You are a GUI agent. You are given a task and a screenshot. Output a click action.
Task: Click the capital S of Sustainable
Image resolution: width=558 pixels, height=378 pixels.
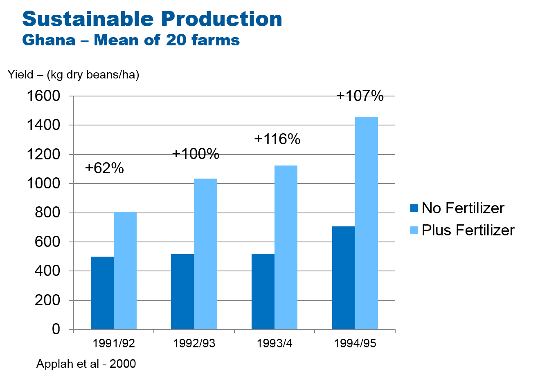click(x=29, y=19)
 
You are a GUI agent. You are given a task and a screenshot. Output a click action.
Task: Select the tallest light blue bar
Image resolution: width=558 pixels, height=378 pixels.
click(x=367, y=223)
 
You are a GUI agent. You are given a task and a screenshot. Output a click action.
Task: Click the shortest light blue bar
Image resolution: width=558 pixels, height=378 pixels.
click(x=125, y=270)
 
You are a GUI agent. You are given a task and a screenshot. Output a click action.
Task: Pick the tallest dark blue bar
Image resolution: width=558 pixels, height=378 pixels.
click(x=344, y=277)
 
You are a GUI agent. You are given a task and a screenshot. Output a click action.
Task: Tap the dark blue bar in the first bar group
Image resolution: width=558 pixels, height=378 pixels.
click(x=102, y=293)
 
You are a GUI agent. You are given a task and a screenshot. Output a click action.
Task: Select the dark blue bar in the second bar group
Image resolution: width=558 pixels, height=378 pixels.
click(x=182, y=291)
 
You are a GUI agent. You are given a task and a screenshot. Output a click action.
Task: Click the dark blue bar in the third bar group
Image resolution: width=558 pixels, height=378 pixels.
click(x=263, y=291)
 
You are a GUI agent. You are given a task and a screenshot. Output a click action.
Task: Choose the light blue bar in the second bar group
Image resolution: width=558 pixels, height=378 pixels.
click(x=205, y=254)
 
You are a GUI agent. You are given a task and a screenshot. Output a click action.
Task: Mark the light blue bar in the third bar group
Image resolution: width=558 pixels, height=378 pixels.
click(x=286, y=247)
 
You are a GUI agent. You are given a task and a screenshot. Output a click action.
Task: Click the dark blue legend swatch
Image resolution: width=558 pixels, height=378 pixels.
click(x=414, y=208)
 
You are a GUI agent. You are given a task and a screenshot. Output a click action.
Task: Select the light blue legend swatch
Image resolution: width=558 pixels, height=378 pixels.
click(x=414, y=230)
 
